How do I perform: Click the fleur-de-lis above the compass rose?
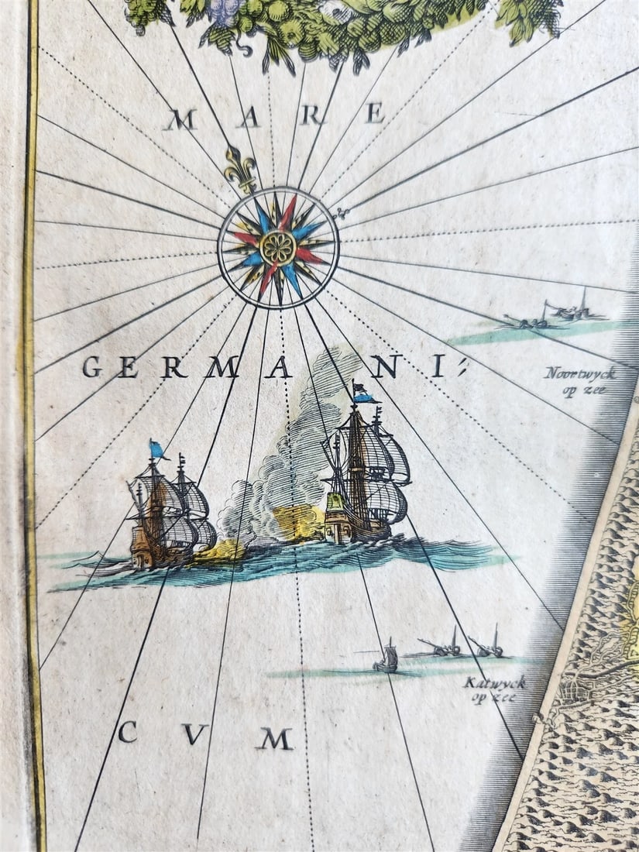pos(241,167)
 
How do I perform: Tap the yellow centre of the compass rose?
pos(277,247)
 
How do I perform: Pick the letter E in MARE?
pos(376,115)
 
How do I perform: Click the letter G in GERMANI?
pos(92,366)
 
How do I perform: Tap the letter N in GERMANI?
pos(385,368)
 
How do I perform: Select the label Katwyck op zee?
pos(494,689)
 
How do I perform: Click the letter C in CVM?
pos(128,731)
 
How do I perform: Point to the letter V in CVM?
pos(194,733)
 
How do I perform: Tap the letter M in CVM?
pos(275,738)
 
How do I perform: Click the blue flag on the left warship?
pos(157,449)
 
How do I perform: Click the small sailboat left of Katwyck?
pos(386,658)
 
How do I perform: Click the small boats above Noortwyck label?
pos(554,314)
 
